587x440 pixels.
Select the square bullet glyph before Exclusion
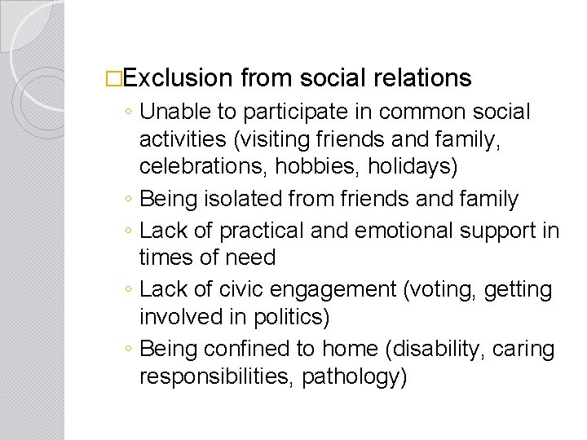point(113,78)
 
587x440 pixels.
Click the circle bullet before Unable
point(130,112)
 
